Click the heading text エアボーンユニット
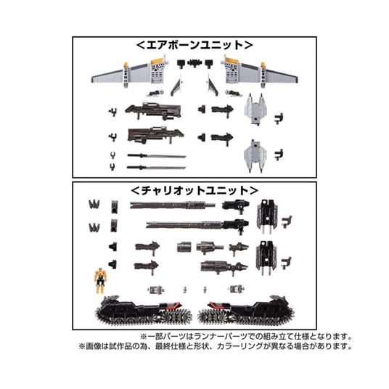(193, 45)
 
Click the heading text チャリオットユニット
(193, 190)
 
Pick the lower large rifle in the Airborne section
(151, 136)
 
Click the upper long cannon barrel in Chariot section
(174, 205)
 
